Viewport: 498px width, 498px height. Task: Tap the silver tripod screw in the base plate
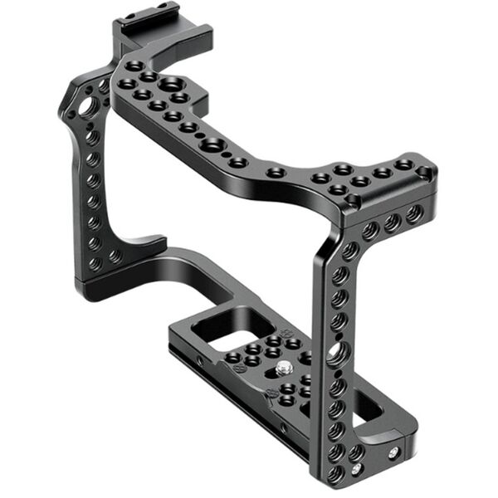click(285, 367)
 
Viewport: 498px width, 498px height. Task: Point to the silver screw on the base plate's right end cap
click(393, 452)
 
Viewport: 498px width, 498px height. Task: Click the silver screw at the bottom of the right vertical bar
click(357, 470)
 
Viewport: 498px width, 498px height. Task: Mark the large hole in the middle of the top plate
click(213, 146)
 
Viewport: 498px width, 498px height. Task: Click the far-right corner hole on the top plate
click(424, 173)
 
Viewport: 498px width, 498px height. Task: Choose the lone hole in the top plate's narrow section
click(276, 173)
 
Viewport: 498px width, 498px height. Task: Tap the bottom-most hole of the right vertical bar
click(334, 474)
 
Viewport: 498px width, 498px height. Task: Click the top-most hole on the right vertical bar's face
click(349, 249)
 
